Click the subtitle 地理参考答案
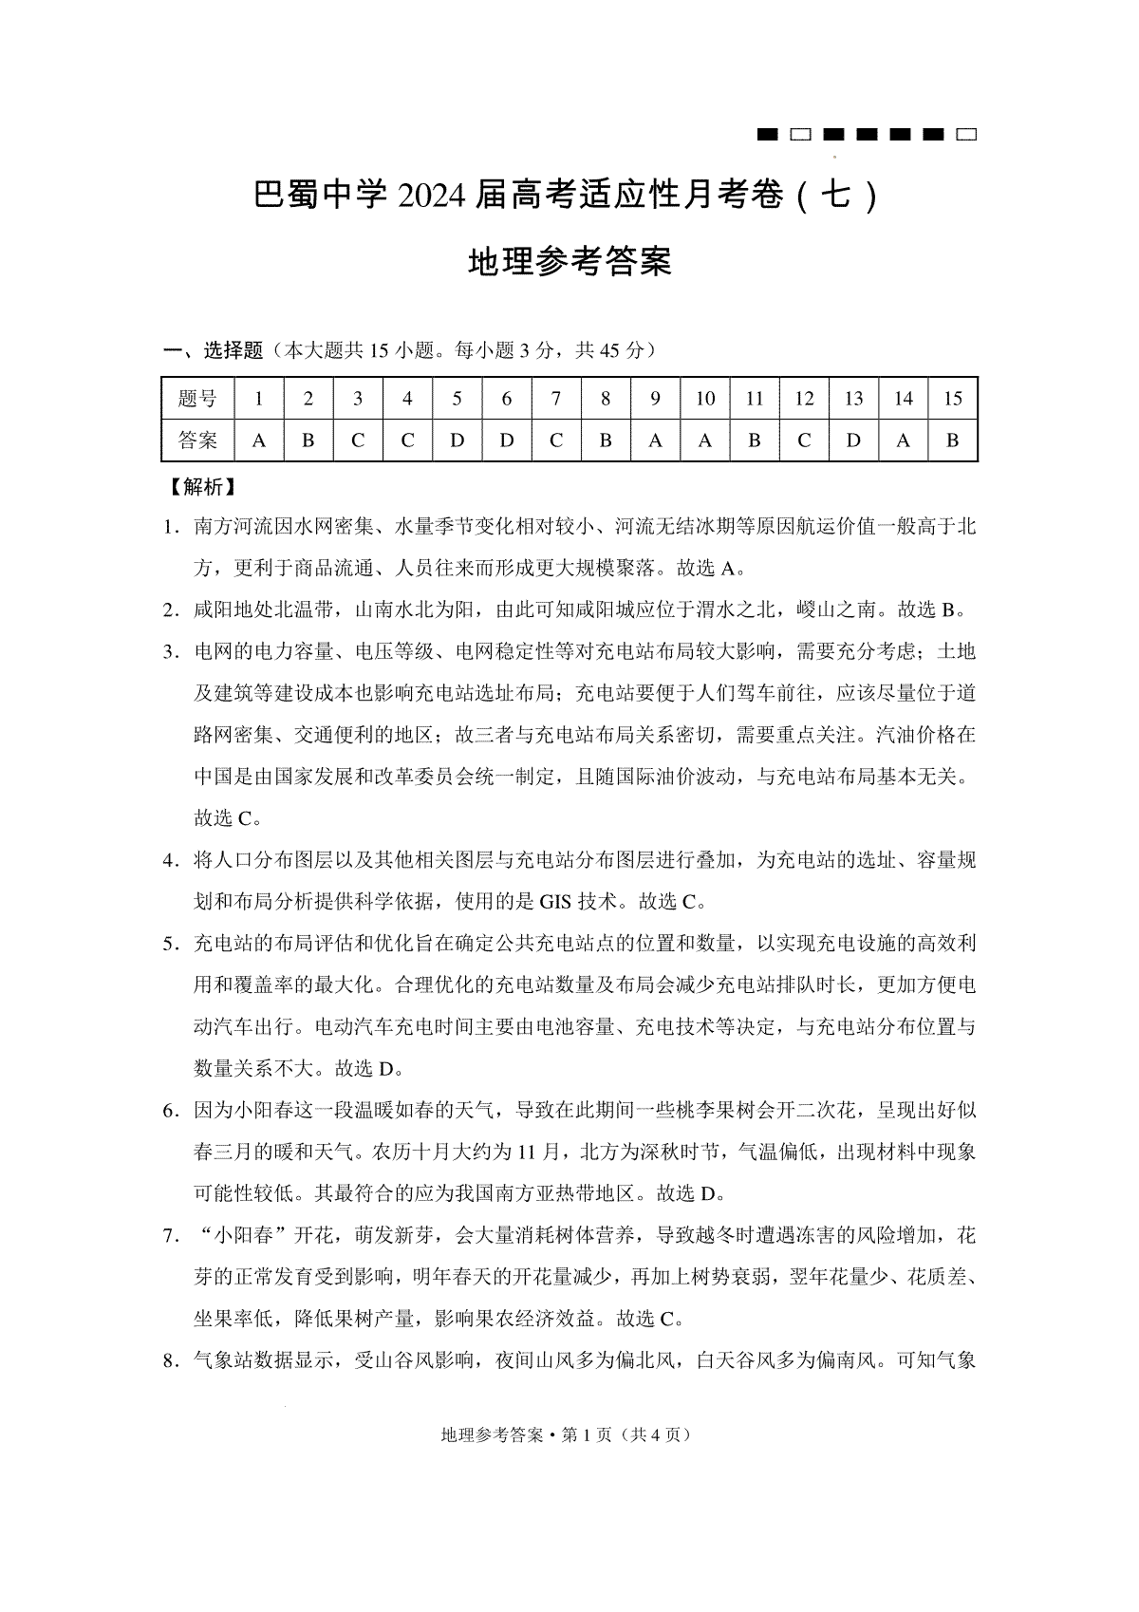(569, 261)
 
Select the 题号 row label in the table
(197, 399)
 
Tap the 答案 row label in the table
(197, 440)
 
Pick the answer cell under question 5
(457, 440)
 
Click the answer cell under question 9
(655, 440)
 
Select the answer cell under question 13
(853, 440)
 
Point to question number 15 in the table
(952, 399)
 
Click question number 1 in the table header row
(258, 399)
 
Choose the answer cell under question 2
(308, 440)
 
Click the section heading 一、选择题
(214, 350)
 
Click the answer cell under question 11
(754, 440)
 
